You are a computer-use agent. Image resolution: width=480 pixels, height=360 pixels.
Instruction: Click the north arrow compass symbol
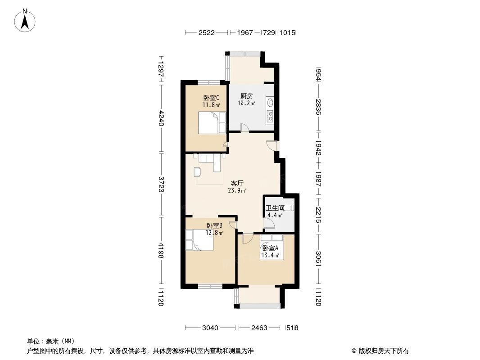click(x=25, y=20)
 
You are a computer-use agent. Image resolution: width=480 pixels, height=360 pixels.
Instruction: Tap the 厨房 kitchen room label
click(x=247, y=96)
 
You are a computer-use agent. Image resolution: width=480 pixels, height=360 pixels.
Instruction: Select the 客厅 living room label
click(x=237, y=183)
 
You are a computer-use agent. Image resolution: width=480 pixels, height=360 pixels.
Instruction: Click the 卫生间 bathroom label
click(x=275, y=208)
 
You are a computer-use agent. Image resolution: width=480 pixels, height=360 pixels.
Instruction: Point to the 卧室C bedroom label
click(x=211, y=98)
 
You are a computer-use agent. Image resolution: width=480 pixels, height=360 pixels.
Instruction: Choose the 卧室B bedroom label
click(x=214, y=226)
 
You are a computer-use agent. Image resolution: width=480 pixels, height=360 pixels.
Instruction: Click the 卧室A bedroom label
click(x=270, y=248)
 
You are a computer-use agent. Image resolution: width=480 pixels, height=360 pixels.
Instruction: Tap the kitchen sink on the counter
click(x=270, y=103)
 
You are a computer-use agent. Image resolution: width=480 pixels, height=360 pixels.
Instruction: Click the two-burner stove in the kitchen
click(x=270, y=117)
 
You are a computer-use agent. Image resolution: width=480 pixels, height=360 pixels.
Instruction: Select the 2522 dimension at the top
click(x=207, y=33)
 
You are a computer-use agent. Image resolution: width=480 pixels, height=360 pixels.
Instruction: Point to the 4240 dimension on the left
click(x=162, y=118)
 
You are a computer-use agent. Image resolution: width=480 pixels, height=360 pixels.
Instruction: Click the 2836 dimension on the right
click(x=318, y=107)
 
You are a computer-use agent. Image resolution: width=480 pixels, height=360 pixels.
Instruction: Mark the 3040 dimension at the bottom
click(x=210, y=328)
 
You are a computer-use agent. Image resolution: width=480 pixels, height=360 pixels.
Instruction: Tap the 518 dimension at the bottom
click(x=292, y=328)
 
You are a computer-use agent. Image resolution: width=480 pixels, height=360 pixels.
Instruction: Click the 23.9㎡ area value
click(x=237, y=190)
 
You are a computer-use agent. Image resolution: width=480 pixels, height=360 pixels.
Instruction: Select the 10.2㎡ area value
click(x=247, y=103)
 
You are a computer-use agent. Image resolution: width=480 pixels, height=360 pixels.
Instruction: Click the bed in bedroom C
click(x=212, y=123)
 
